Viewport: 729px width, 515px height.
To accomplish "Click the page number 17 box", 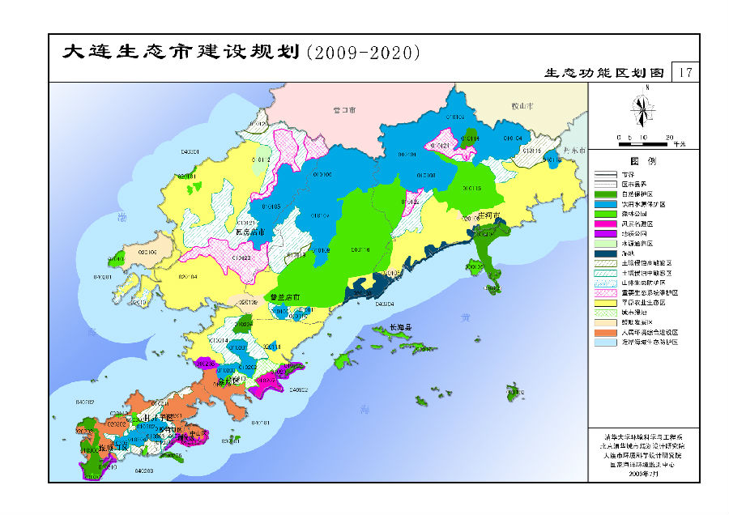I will coord(685,72).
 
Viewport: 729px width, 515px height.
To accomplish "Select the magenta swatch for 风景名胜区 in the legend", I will coord(607,223).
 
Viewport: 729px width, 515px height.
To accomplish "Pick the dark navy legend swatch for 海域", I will coord(607,253).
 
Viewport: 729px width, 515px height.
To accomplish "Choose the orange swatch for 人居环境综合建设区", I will coord(607,332).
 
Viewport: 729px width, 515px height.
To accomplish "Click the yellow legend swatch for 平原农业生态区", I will coord(607,302).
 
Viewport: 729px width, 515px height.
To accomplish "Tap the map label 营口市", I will coord(345,109).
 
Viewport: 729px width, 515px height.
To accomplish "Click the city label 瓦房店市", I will coord(250,232).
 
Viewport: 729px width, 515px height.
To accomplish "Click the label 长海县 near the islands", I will coord(401,327).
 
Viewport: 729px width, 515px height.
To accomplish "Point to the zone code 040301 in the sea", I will coord(190,151).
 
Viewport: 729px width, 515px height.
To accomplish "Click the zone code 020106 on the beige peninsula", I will coord(147,253).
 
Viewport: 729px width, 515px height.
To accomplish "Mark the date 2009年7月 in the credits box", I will coord(644,474).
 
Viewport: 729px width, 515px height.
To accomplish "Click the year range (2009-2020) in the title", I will coord(364,53).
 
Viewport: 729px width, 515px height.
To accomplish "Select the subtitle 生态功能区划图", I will coord(604,73).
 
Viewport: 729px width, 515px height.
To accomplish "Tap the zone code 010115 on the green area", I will coord(471,188).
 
